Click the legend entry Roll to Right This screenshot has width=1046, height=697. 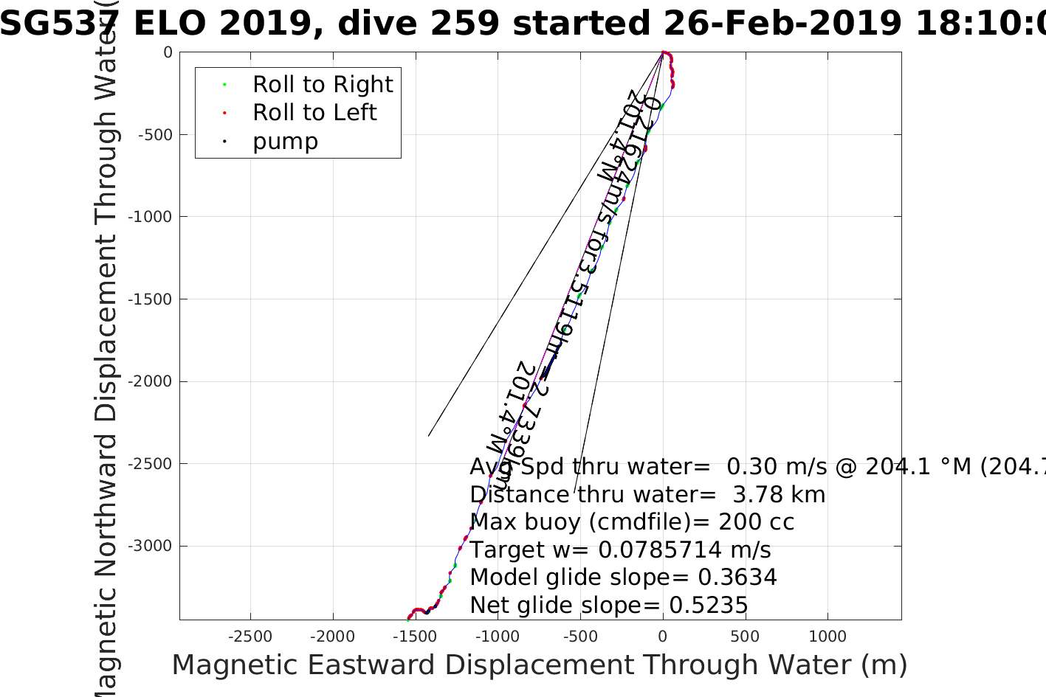[323, 85]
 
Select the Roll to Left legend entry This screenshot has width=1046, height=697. [314, 113]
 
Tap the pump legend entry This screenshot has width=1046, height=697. [285, 142]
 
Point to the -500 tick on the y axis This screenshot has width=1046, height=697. [155, 135]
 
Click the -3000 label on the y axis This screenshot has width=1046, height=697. [150, 547]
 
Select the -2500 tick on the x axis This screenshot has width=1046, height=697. [250, 637]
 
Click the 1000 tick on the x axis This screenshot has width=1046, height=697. [827, 637]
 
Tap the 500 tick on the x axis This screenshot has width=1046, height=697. [745, 637]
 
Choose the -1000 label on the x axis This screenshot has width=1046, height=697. [498, 637]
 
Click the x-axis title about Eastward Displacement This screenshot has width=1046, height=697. [539, 665]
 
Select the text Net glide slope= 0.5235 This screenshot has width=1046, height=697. [609, 606]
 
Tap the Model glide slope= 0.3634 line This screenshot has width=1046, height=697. [623, 578]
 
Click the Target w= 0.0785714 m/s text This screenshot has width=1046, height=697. [620, 550]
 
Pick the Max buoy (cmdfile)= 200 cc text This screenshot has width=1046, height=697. [632, 522]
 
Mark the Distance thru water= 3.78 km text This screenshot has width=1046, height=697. [647, 495]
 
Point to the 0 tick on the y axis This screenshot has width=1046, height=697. [168, 53]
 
